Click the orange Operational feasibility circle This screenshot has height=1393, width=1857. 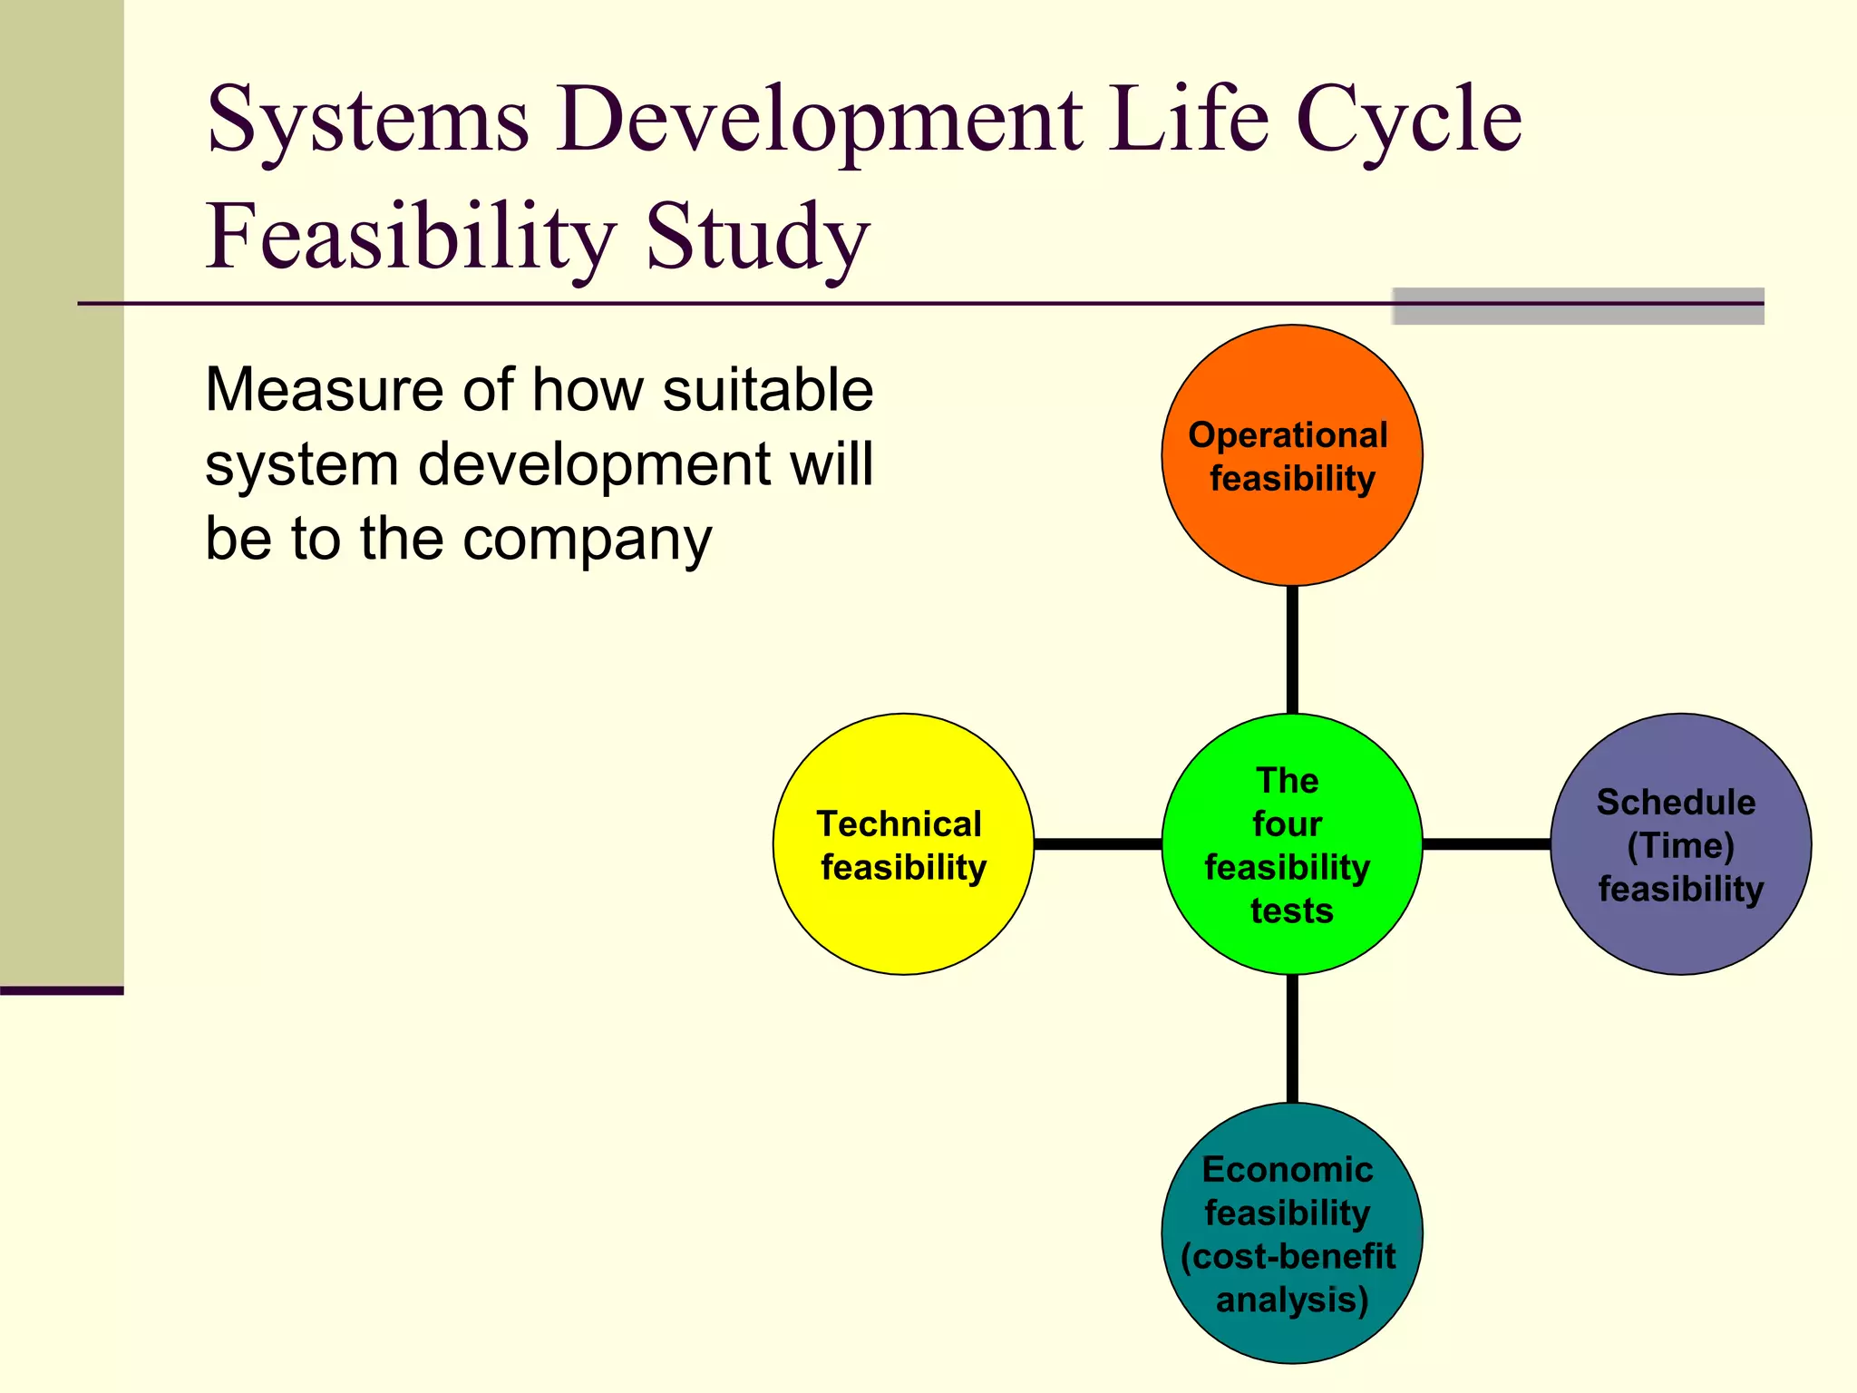click(x=1291, y=535)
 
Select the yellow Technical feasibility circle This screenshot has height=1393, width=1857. click(x=903, y=925)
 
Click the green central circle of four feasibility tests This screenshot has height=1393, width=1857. click(x=1291, y=948)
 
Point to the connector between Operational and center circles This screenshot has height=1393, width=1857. click(x=1291, y=649)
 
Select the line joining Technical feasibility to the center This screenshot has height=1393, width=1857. click(x=1097, y=844)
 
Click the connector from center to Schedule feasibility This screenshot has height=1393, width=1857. click(x=1486, y=844)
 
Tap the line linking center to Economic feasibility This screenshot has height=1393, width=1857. click(x=1291, y=1038)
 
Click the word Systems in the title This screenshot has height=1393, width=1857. click(x=367, y=120)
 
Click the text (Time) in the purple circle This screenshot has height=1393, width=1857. click(x=1680, y=845)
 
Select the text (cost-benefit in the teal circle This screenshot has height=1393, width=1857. click(x=1288, y=1256)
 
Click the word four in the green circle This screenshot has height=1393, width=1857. click(x=1287, y=823)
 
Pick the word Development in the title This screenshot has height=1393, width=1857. click(x=820, y=120)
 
